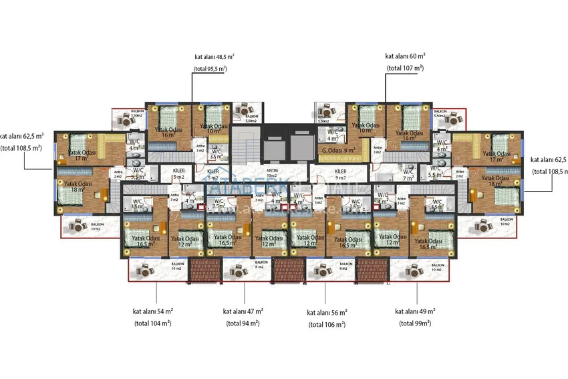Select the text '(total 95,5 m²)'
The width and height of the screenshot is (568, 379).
click(210, 69)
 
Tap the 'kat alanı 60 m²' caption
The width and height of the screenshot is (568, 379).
click(406, 56)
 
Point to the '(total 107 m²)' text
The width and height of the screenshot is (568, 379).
click(405, 68)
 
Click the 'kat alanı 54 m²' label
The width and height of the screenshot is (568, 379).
click(153, 311)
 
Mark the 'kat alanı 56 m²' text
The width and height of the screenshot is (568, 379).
click(327, 312)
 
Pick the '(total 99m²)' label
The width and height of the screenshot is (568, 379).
click(415, 323)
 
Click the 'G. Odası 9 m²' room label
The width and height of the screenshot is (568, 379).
click(337, 151)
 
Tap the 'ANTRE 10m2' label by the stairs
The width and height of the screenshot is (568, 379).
click(255, 172)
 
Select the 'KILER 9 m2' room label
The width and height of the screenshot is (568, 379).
click(341, 175)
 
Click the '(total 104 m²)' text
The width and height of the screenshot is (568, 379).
click(152, 323)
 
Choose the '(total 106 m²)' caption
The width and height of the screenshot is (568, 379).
click(327, 324)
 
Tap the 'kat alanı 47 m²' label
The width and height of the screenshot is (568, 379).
click(243, 311)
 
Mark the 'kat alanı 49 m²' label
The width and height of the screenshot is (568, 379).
click(415, 311)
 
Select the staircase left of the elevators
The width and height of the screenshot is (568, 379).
click(247, 144)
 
